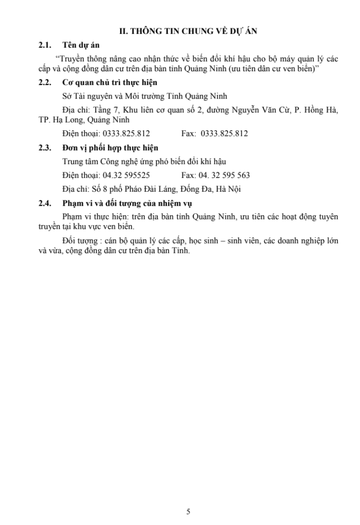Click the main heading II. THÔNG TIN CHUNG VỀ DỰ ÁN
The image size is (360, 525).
[188, 31]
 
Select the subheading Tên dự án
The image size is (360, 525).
[77, 45]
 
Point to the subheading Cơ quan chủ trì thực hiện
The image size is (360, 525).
[109, 83]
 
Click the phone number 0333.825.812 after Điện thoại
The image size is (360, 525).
[126, 134]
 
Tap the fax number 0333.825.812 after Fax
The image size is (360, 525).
[224, 134]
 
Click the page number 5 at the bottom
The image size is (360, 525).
[188, 511]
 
